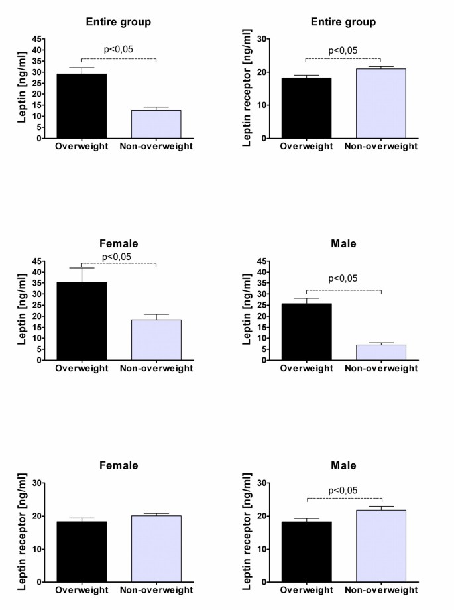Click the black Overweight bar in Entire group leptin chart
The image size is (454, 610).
coord(81,106)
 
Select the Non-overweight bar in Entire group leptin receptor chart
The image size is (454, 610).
coord(380,103)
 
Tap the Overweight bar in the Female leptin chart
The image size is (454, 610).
coord(81,321)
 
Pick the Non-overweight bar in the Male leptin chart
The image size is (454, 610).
coord(380,352)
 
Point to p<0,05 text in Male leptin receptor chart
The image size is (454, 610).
coord(343,491)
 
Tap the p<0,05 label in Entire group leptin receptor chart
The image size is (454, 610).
coord(343,50)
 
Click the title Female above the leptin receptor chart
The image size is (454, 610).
coord(118,465)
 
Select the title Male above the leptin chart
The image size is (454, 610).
coord(343,243)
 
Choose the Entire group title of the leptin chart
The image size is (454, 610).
coord(118,22)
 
